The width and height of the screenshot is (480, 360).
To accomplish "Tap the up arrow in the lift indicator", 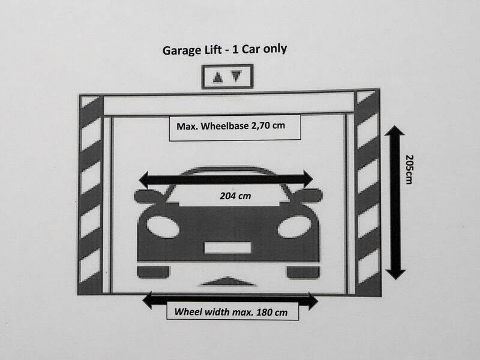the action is click(218, 77).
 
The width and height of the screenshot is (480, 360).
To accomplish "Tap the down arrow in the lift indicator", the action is click(236, 76).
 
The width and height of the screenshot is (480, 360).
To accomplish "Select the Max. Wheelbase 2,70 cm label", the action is click(230, 126).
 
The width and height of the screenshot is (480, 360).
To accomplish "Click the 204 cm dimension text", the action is click(235, 196).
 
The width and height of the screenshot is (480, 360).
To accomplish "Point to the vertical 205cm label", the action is click(409, 169).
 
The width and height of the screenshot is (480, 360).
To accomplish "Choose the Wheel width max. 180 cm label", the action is click(231, 312).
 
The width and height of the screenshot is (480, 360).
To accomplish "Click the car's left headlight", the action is click(163, 227).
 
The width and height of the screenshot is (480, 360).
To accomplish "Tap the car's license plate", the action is click(227, 248).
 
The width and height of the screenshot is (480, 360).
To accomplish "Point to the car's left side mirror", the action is click(148, 196).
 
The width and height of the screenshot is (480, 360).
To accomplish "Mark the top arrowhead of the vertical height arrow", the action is click(395, 131).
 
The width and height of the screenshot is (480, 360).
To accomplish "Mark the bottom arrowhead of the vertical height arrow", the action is click(395, 274).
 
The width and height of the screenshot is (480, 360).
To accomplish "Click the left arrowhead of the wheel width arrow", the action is click(147, 300).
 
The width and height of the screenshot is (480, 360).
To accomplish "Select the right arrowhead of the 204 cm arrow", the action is click(308, 179).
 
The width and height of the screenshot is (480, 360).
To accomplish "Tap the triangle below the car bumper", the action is click(227, 281).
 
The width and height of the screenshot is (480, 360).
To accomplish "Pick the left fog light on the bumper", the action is click(153, 272).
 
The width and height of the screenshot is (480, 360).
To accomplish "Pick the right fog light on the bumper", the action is click(303, 272).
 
